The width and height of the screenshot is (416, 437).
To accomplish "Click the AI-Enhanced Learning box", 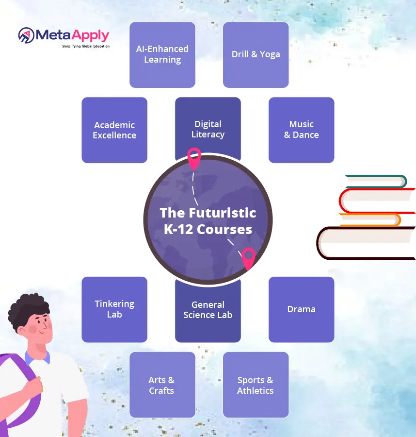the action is pos(162,54).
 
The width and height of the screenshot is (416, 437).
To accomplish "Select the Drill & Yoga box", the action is pos(256,54).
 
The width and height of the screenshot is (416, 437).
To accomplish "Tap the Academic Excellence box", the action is pos(114,130).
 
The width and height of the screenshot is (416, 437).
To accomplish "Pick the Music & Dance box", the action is pos(302,130).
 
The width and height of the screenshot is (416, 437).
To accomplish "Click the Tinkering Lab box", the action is pos(114,309).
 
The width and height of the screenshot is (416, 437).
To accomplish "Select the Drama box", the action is pos(302,309).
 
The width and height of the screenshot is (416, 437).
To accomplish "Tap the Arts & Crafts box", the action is pos(162,385).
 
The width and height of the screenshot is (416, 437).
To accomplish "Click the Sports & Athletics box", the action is pos(256,385).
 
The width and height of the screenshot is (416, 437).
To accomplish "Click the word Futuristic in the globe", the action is pos(223,213).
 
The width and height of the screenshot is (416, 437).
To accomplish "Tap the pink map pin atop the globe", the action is pos(194,158).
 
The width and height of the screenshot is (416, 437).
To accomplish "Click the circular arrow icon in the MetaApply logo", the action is pos(26,35).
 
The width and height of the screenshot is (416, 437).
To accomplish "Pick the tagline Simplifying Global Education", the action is pos(86,46).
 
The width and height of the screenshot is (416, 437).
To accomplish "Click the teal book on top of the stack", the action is pos(376,181).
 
